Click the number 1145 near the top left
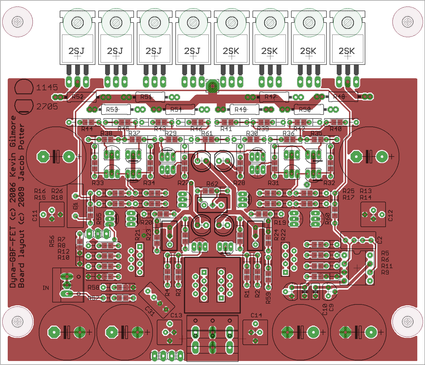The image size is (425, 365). click(x=47, y=87)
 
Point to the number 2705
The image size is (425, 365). click(x=47, y=107)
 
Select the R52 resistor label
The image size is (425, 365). click(x=77, y=97)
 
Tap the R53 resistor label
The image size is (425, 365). click(x=112, y=109)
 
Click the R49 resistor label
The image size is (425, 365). click(x=240, y=109)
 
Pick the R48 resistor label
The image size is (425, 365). click(x=339, y=97)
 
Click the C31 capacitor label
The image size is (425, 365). click(x=150, y=311)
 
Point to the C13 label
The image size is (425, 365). click(x=176, y=315)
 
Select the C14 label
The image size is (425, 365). click(x=256, y=315)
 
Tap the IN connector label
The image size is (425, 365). click(x=46, y=288)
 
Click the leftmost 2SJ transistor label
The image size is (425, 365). click(x=77, y=51)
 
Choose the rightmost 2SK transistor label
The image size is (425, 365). click(x=347, y=51)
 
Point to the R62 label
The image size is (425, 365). click(x=212, y=184)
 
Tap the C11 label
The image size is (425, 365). click(x=35, y=216)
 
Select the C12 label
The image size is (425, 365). click(x=390, y=215)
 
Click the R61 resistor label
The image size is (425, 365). click(x=207, y=133)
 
